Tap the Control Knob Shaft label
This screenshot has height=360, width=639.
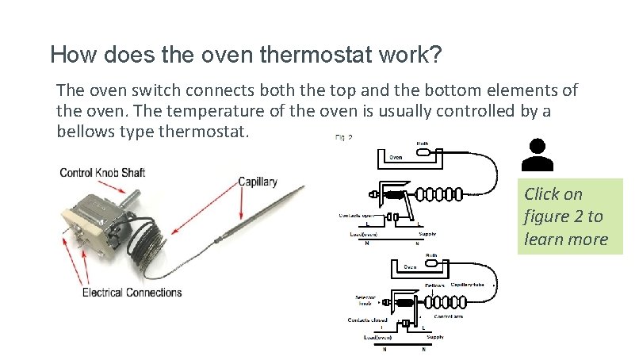pos(102,173)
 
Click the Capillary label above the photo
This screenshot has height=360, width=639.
pos(258,182)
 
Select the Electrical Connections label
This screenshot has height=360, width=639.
pos(132,293)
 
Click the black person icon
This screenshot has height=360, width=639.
pos(538,155)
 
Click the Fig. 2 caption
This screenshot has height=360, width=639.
pos(342,137)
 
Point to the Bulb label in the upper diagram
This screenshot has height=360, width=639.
pos(422,144)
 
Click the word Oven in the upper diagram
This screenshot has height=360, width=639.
pos(396,157)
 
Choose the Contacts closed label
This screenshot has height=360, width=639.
pos(365,320)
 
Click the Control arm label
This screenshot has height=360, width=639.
pos(447,315)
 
